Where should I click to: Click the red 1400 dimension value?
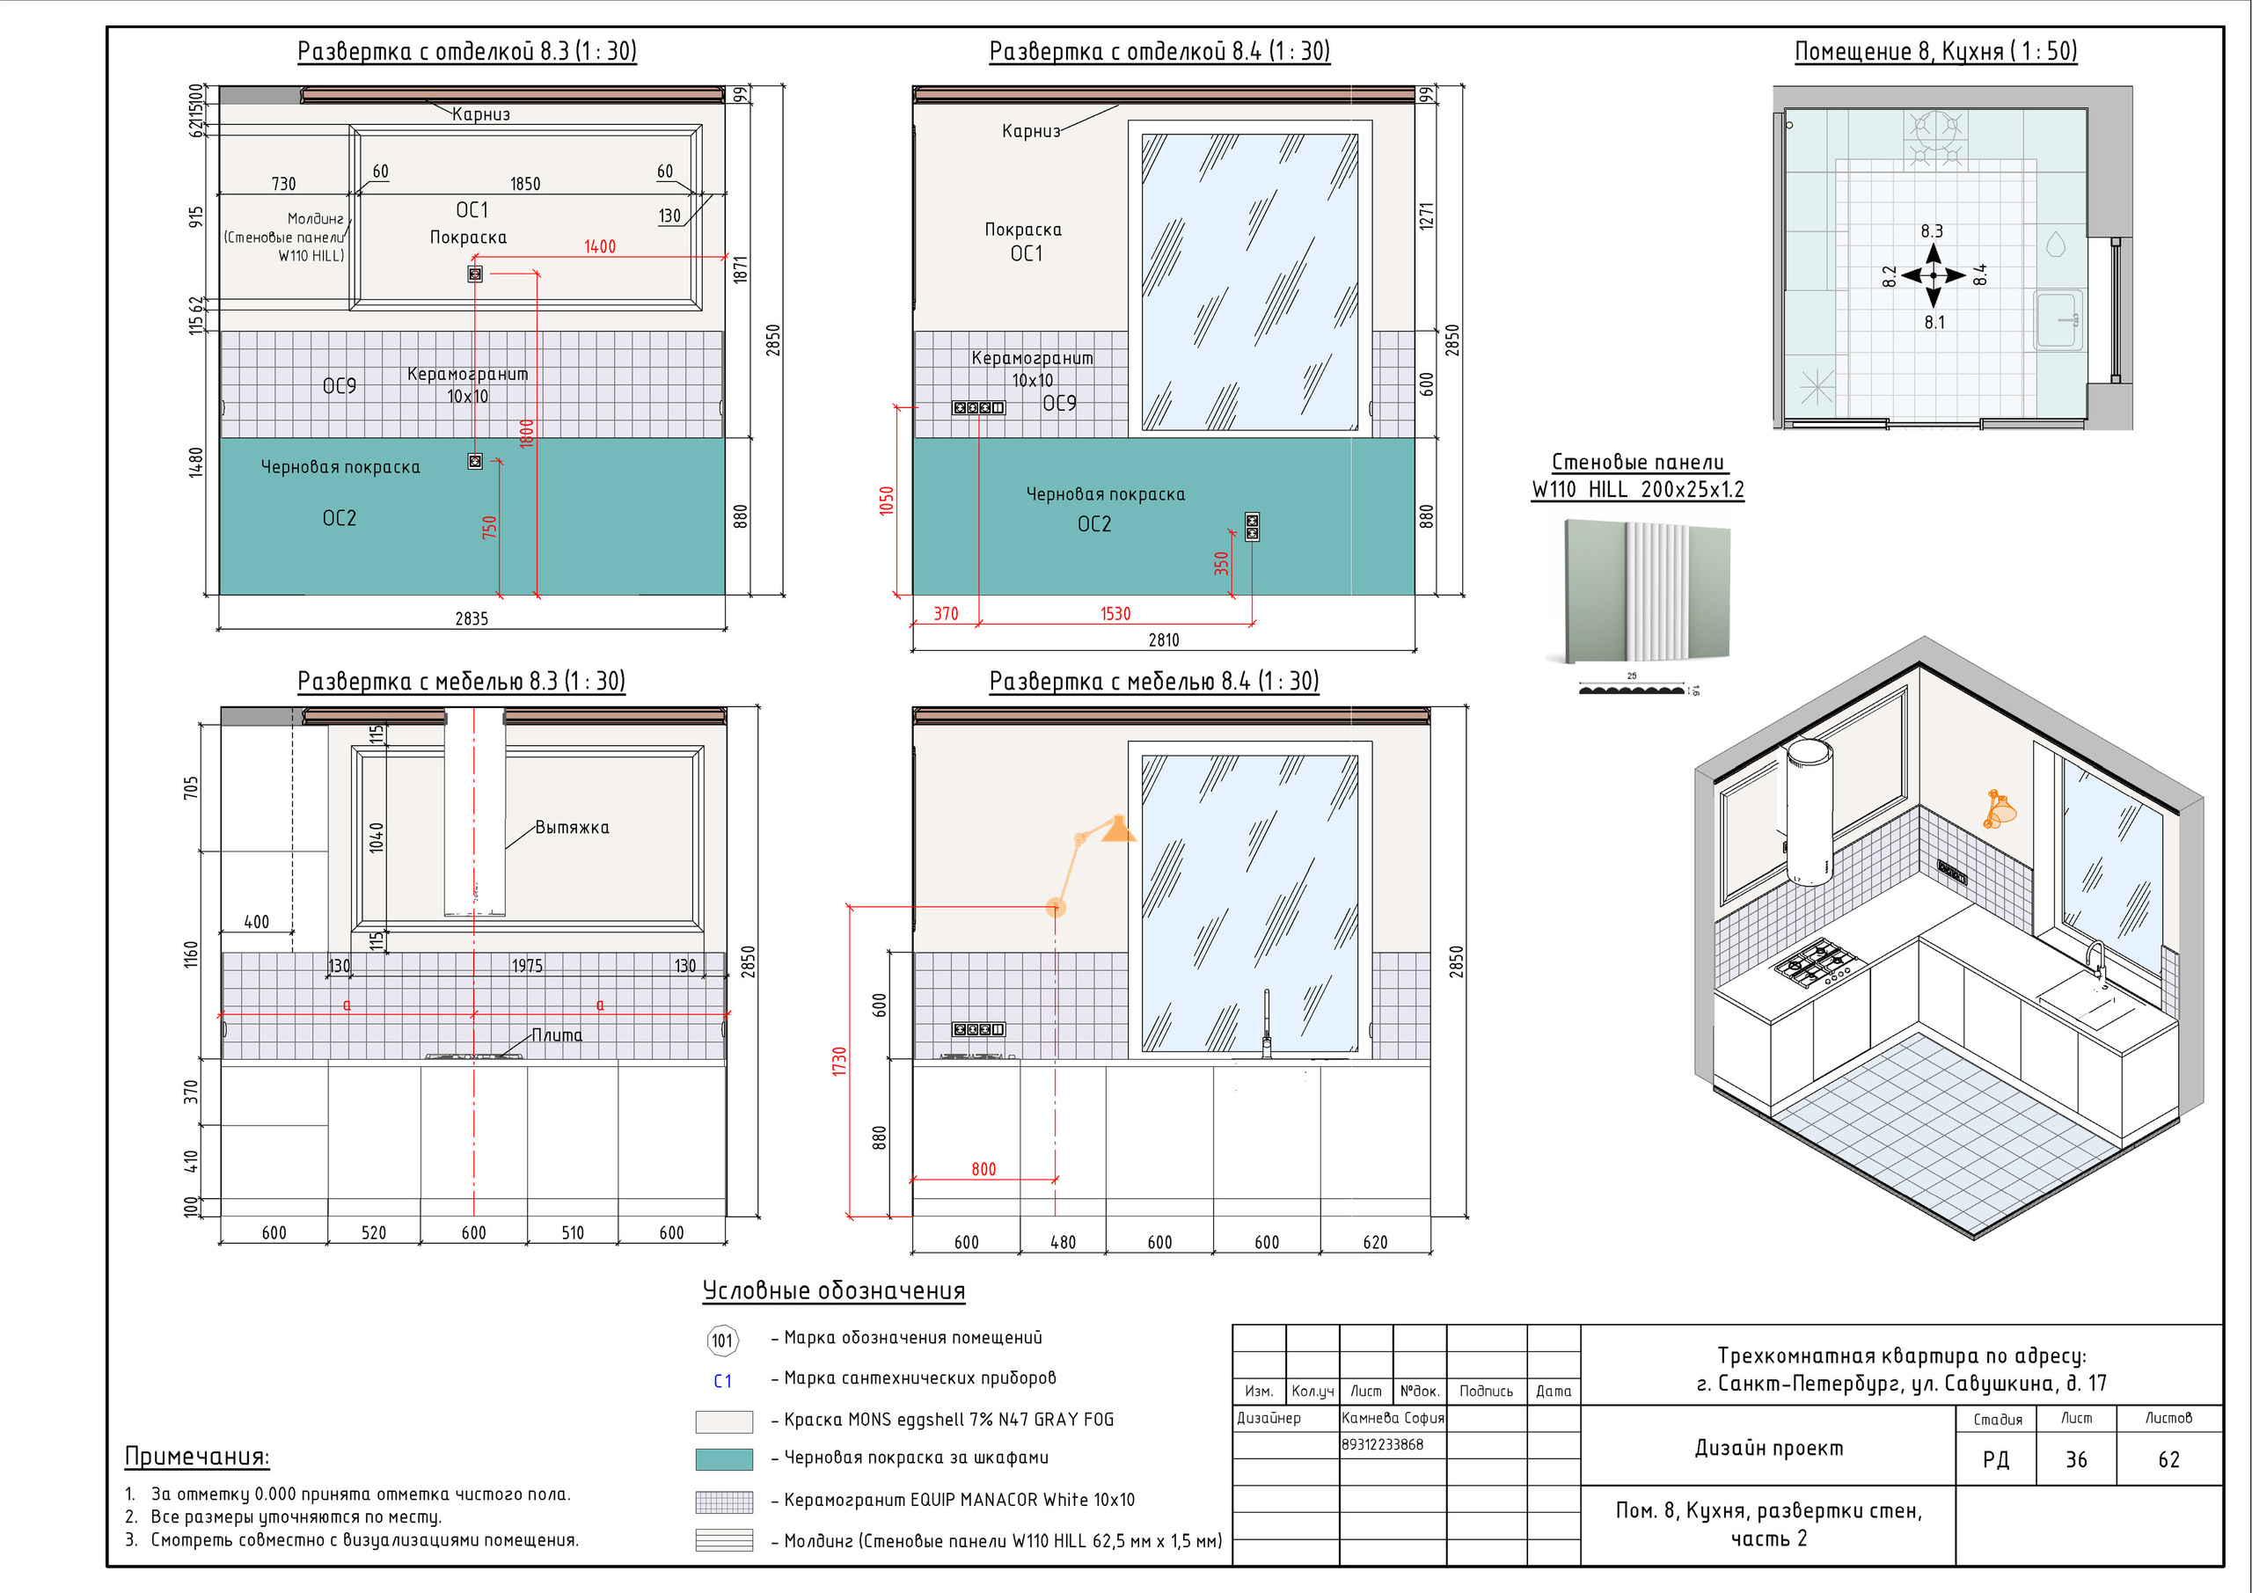tap(599, 246)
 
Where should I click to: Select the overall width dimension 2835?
tap(471, 618)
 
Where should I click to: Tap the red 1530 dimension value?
tap(1115, 613)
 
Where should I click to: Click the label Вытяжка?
tap(572, 827)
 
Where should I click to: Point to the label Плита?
tap(556, 1034)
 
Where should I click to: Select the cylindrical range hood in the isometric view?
tap(1808, 812)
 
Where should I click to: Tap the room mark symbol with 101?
tap(722, 1340)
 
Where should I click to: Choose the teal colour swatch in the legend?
tap(724, 1458)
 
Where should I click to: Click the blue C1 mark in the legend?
tap(722, 1381)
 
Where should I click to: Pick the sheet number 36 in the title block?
tap(2075, 1459)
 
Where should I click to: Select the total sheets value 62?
tap(2168, 1459)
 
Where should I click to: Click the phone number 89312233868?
tap(1382, 1443)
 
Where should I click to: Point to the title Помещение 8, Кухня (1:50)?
tap(1935, 51)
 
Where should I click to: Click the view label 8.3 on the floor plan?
tap(1931, 230)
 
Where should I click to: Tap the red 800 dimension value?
tap(983, 1168)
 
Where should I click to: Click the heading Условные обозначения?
tap(834, 1291)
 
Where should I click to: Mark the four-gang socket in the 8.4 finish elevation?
tap(978, 407)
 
